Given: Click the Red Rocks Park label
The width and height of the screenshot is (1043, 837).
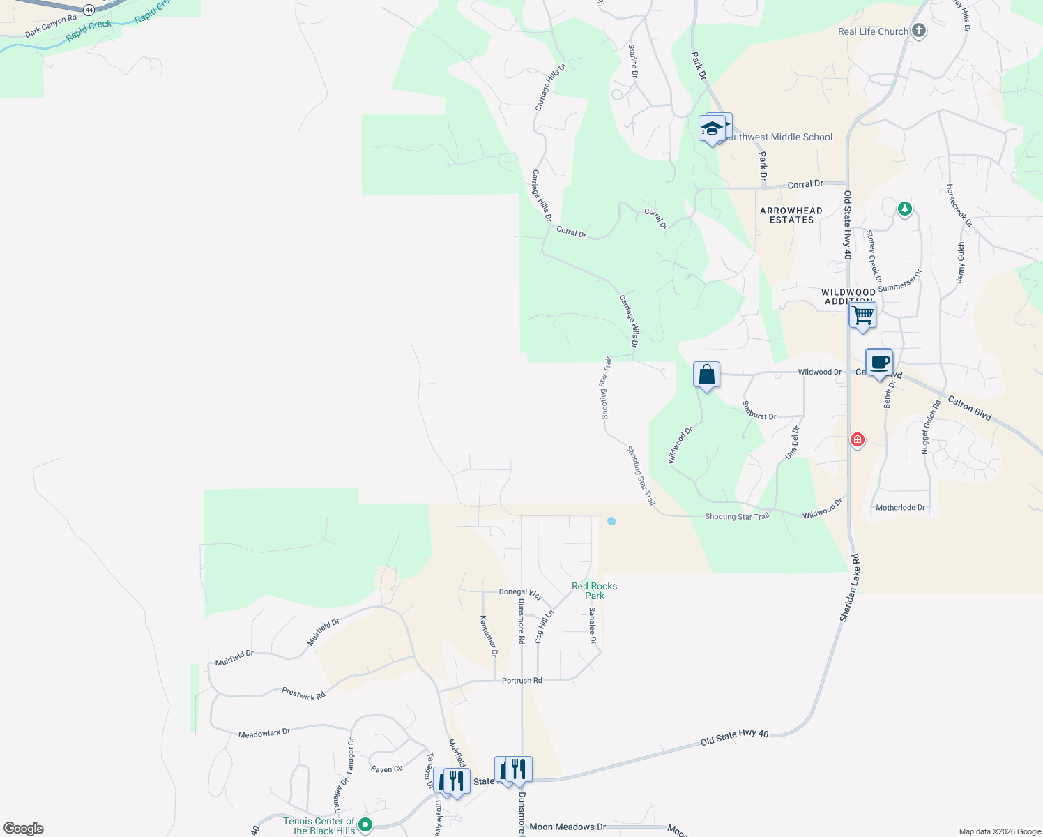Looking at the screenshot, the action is coord(594,591).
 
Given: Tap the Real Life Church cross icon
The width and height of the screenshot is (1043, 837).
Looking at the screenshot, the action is coord(919,31).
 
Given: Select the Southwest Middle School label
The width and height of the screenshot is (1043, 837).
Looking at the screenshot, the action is coord(779,137).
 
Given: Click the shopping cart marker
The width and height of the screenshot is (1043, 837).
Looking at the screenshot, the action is coord(862,315).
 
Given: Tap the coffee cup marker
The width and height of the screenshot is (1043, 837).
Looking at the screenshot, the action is coord(879,363).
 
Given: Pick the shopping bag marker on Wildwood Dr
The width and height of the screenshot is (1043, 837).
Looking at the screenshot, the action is coord(706,375).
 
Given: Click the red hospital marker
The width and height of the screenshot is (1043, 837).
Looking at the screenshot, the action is coord(858,440).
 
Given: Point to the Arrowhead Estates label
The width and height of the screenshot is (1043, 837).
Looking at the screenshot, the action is coord(791,215).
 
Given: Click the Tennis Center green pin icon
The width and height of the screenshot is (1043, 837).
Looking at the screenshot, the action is coord(365,825).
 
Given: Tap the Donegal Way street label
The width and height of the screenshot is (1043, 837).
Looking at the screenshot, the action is coord(521,594).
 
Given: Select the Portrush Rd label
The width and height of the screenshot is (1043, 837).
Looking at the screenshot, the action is coord(521,680).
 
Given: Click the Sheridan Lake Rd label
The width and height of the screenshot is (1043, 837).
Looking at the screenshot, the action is coord(850,588).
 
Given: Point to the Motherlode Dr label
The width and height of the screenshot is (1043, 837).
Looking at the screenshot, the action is coord(900,507).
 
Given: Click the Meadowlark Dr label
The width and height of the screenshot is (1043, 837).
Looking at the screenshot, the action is coord(264,733).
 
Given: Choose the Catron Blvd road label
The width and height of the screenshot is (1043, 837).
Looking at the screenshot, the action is coord(969,407).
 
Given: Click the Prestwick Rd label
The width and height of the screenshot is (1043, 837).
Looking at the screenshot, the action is coord(303,694).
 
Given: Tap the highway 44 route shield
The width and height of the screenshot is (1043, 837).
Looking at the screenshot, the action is coord(89,10).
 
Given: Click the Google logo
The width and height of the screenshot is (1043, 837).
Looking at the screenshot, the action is coord(24,829).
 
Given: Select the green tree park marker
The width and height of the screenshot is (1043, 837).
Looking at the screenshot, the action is coord(904,209).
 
